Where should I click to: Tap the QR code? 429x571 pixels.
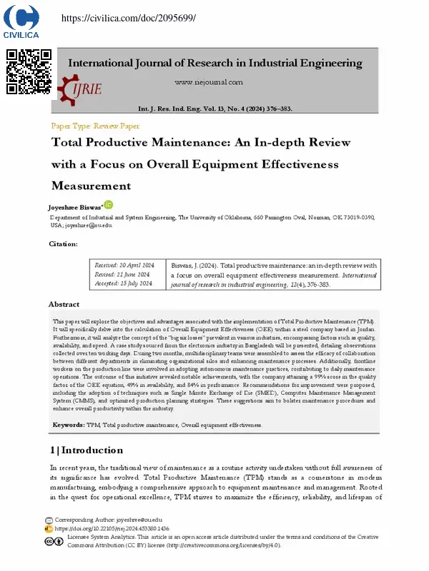(29, 71)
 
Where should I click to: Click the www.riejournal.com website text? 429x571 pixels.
(214, 81)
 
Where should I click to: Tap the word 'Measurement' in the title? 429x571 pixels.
(91, 186)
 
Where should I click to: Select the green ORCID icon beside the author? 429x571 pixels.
(108, 204)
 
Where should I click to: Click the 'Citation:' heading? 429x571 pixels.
(63, 244)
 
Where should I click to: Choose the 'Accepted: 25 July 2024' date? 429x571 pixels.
(124, 283)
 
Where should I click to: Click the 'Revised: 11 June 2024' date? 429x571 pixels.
(122, 274)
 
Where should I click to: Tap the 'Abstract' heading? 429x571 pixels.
(64, 304)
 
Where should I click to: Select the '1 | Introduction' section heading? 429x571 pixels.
(87, 450)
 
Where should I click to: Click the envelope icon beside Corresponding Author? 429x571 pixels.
(49, 520)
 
